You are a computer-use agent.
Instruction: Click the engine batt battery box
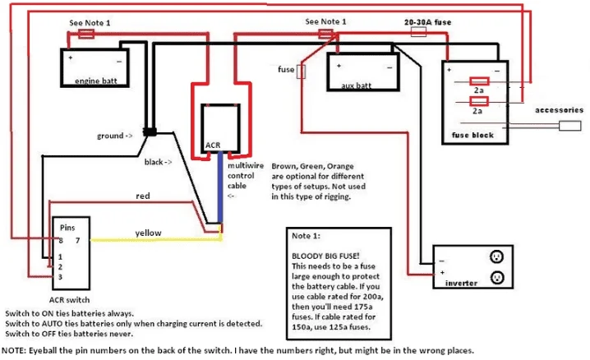pyautogui.click(x=97, y=68)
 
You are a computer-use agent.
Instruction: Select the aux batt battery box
pyautogui.click(x=363, y=72)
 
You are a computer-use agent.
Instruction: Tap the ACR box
pyautogui.click(x=224, y=128)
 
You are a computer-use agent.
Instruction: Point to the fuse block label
pyautogui.click(x=473, y=135)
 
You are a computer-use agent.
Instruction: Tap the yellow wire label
pyautogui.click(x=150, y=233)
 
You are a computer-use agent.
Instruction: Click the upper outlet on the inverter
pyautogui.click(x=496, y=255)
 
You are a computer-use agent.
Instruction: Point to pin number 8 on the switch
pyautogui.click(x=60, y=240)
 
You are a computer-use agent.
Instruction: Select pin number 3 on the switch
pyautogui.click(x=60, y=276)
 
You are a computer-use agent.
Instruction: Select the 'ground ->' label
pyautogui.click(x=115, y=135)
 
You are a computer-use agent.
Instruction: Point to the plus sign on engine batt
pyautogui.click(x=71, y=58)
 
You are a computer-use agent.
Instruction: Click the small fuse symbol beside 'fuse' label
pyautogui.click(x=302, y=72)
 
